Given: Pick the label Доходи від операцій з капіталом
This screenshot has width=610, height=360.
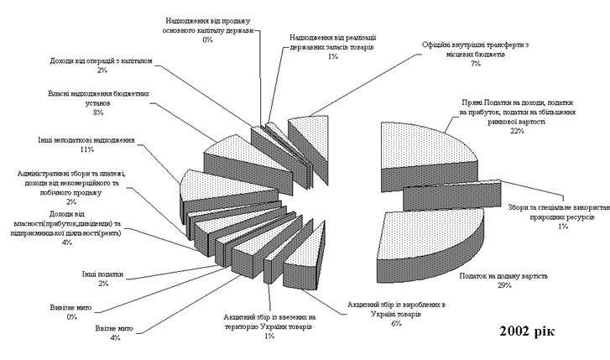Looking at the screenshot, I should coord(102,60).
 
